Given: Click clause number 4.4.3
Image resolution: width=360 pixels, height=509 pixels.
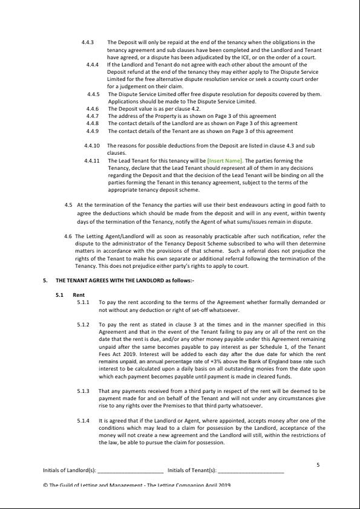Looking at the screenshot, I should (x=88, y=42).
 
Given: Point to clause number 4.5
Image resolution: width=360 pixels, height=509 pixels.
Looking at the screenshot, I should (x=68, y=205).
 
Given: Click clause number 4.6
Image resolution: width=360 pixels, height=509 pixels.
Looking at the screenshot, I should (x=68, y=236).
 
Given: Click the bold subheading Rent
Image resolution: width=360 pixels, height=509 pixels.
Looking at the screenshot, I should (x=78, y=294).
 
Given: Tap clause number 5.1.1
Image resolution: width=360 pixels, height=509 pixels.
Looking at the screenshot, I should (x=83, y=302).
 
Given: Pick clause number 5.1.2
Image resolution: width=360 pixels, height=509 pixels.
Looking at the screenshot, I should (x=83, y=325).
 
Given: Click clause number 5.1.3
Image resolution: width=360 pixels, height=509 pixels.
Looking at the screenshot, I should (x=83, y=391).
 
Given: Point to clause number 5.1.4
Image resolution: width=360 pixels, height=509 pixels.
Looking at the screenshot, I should (x=83, y=420).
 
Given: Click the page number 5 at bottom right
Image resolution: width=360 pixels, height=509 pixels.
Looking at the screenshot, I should (x=318, y=464).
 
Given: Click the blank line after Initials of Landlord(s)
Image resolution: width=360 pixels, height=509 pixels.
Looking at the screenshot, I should (x=130, y=470).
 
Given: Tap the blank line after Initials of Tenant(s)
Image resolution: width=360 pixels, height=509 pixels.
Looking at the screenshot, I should (x=250, y=470).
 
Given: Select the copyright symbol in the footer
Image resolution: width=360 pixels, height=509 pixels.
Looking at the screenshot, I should (x=45, y=485).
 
